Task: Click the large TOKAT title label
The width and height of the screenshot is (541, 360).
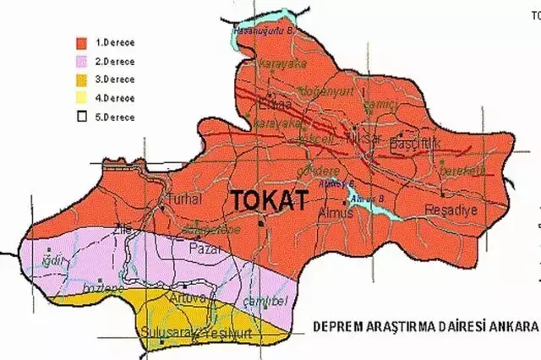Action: point(262,200)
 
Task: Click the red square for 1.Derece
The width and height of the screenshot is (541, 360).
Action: point(81,41)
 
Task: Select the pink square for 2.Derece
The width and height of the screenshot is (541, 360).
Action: point(81,61)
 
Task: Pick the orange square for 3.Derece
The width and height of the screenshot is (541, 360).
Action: point(81,79)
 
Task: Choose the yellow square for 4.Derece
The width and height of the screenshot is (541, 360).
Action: point(81,98)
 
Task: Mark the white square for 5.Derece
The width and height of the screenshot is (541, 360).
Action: point(81,117)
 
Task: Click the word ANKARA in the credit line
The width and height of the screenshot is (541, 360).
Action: point(510,325)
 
